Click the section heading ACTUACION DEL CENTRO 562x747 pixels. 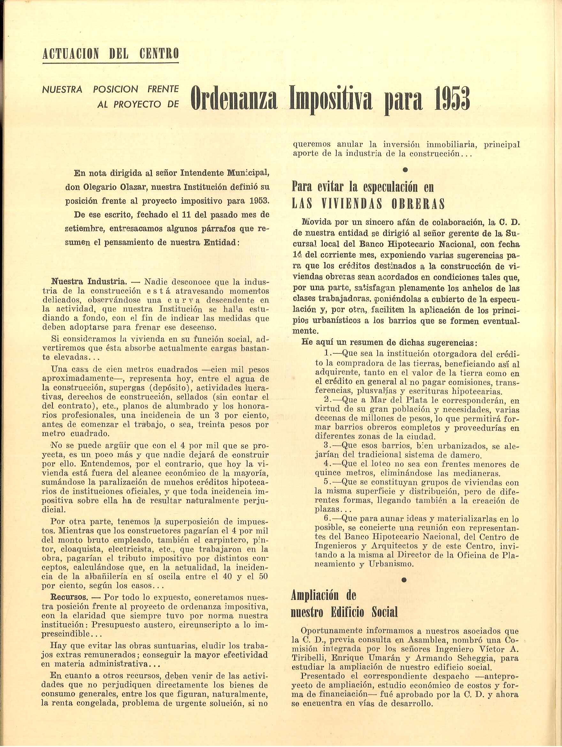(x=111, y=54)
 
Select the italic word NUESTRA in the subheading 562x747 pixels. (x=62, y=89)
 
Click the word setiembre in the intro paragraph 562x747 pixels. (x=81, y=228)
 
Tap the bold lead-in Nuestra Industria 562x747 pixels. (x=89, y=282)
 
